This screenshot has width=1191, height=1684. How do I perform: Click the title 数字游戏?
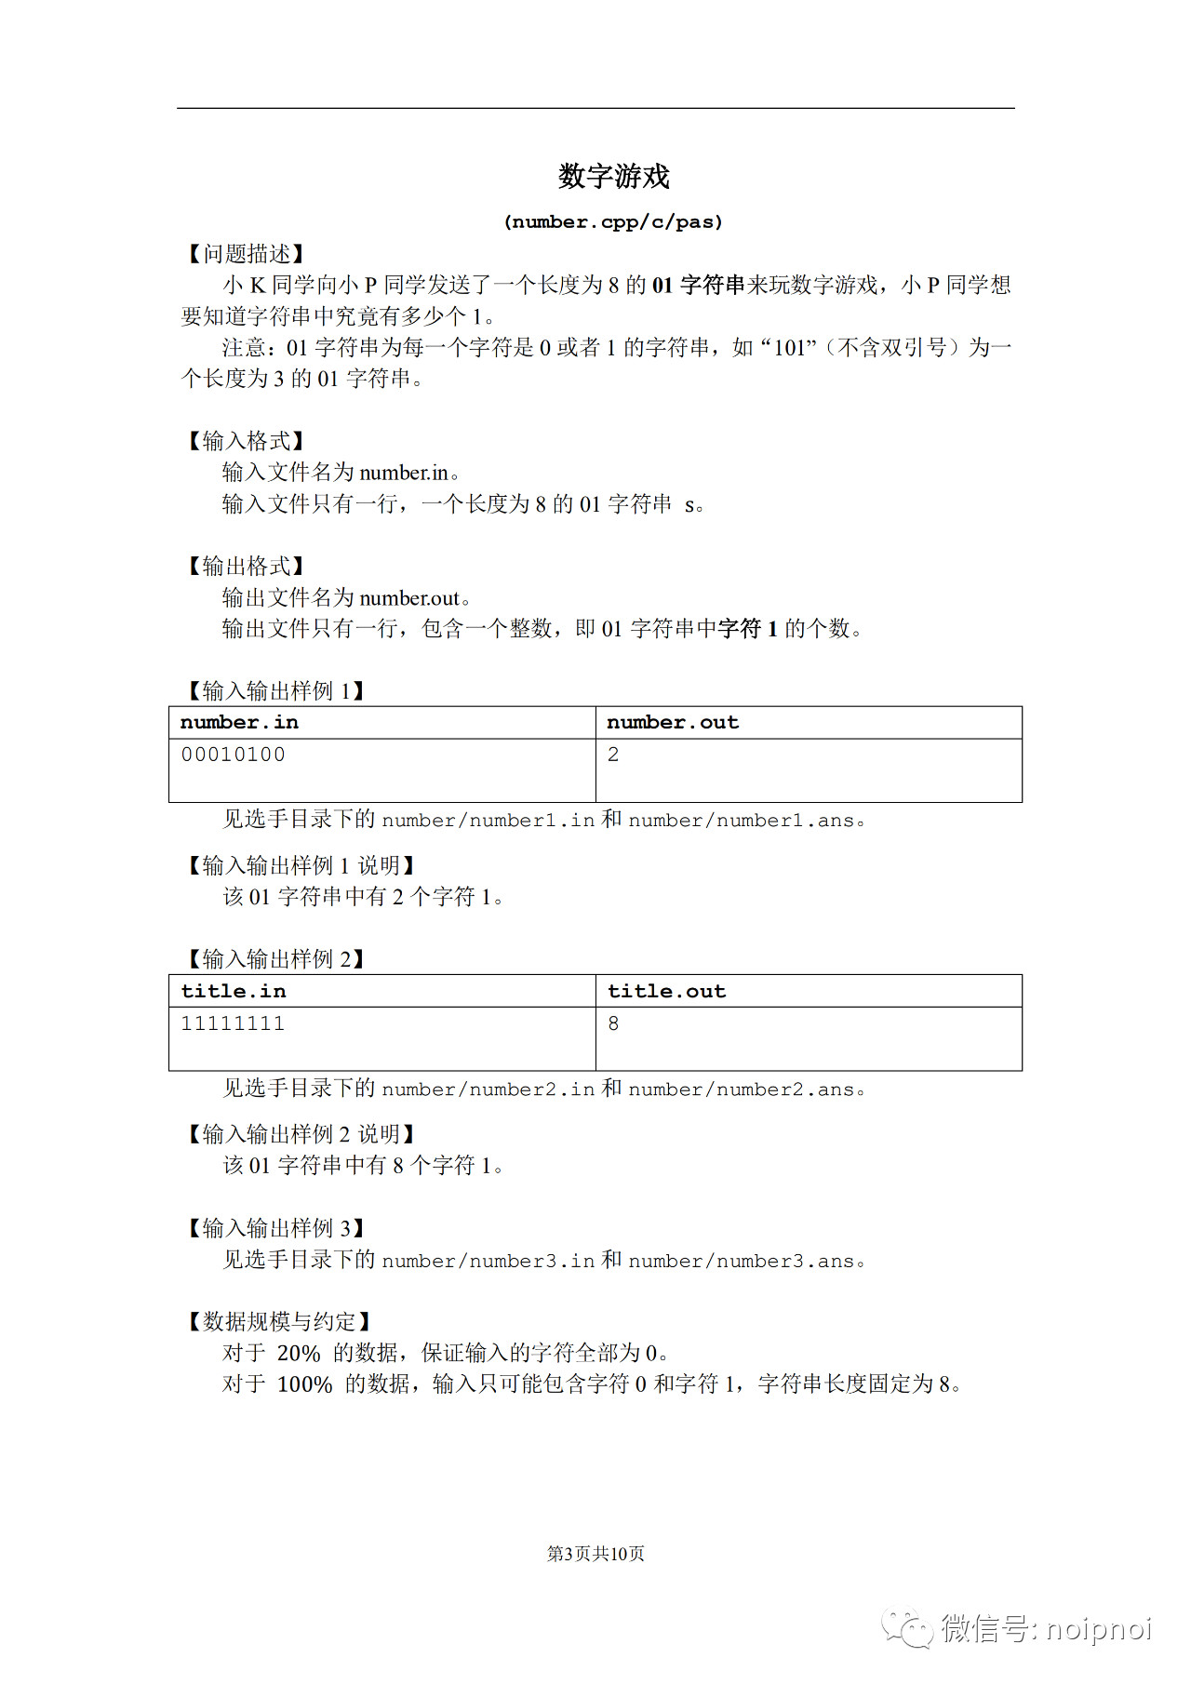pos(613,176)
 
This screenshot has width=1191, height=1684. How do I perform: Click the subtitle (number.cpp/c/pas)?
pos(613,222)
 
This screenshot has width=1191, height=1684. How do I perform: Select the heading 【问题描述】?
pos(246,254)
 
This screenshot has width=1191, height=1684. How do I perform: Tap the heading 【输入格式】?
pos(246,441)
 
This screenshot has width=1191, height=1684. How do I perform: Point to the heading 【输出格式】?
pos(246,566)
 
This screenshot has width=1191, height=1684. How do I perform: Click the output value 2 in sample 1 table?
pos(613,755)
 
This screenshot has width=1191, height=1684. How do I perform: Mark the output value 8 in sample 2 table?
pos(613,1023)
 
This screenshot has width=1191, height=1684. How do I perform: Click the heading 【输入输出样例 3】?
pos(275,1228)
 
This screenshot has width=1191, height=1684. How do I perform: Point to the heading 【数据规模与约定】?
pos(280,1321)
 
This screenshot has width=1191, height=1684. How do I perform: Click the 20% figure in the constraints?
pos(299,1353)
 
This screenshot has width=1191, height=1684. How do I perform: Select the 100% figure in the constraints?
pos(305,1384)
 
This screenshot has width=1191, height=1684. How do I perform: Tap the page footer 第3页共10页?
pos(595,1554)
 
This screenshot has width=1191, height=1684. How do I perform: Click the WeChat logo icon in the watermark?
pos(907,1627)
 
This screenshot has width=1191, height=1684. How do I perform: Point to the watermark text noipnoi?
pos(1099,1629)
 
